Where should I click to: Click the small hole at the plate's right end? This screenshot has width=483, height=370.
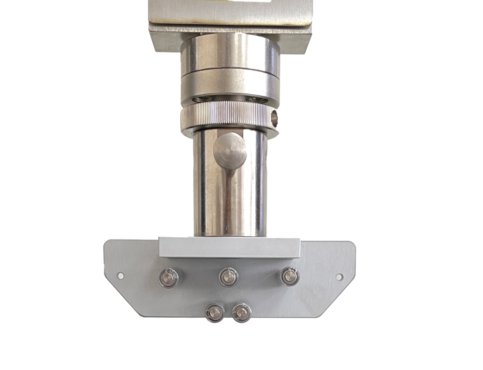[x=339, y=277]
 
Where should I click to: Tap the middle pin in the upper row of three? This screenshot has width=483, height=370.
[x=228, y=277]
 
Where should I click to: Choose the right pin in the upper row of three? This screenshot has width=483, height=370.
[x=289, y=276]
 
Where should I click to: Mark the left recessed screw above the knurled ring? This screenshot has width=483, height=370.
[x=200, y=99]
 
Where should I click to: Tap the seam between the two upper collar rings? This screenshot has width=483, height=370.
[x=230, y=71]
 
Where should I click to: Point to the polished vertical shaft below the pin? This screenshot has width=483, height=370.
[x=230, y=203]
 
